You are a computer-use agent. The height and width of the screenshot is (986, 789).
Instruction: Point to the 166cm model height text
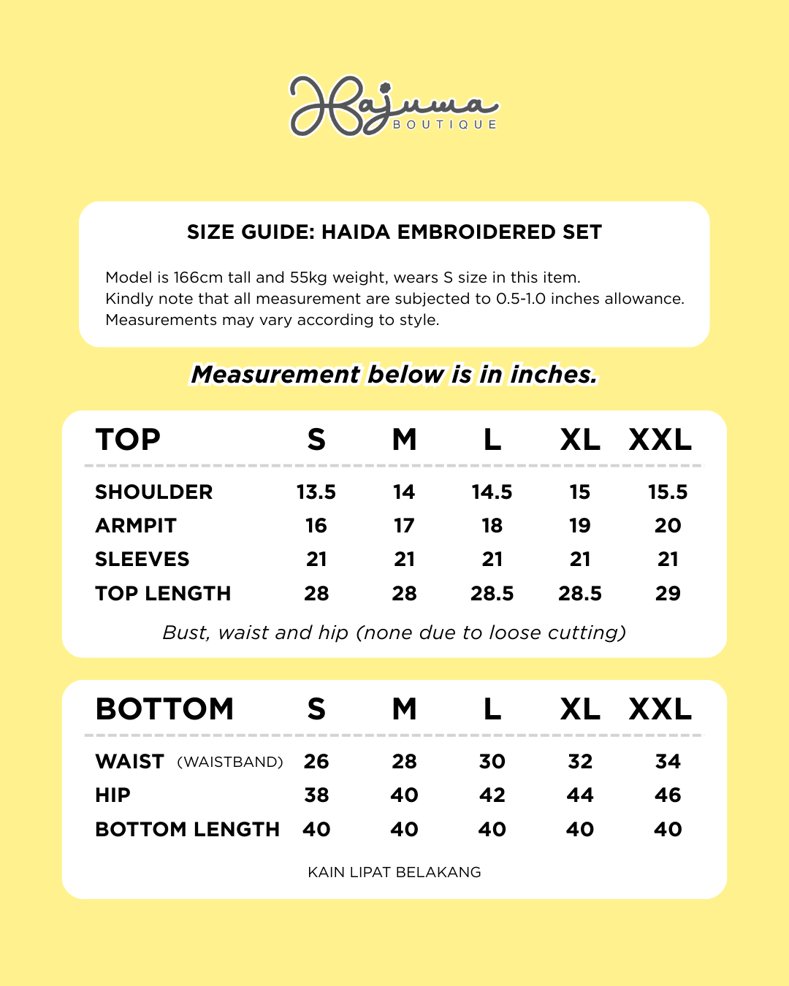(198, 278)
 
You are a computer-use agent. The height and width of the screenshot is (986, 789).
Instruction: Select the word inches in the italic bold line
(554, 375)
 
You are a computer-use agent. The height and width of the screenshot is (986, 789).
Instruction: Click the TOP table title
(128, 440)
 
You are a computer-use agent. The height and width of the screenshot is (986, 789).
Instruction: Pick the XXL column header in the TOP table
(660, 440)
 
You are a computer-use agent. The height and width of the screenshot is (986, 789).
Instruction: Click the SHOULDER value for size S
(316, 492)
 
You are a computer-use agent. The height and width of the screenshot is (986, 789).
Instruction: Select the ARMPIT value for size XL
(580, 526)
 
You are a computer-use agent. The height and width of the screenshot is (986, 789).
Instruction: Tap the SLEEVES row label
(142, 559)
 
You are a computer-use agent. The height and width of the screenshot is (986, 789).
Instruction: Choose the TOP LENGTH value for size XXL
(668, 593)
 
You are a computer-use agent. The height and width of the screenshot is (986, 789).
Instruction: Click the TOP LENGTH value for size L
(492, 593)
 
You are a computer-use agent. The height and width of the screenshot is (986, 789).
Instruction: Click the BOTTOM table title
(164, 709)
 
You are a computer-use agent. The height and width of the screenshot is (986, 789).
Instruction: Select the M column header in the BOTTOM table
(404, 709)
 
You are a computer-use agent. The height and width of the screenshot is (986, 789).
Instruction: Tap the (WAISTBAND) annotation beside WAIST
(230, 763)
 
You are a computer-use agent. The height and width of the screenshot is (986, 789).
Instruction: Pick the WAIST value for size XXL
(668, 762)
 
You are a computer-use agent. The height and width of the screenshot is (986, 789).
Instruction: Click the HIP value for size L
(492, 795)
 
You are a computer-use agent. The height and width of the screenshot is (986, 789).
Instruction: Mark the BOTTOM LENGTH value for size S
(316, 830)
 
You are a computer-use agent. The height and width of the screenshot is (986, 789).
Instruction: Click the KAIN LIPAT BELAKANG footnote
(394, 872)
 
